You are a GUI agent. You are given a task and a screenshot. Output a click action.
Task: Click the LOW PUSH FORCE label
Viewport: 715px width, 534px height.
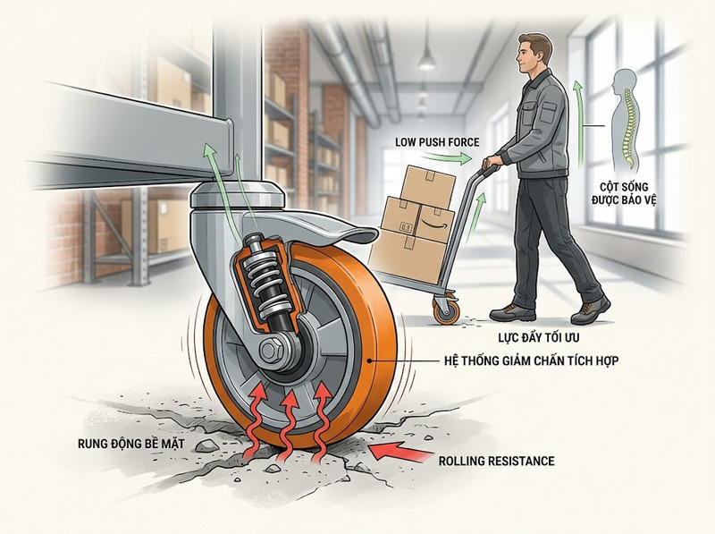click(x=437, y=142)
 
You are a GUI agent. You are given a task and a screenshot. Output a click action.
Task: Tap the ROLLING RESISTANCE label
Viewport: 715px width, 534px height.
click(x=497, y=461)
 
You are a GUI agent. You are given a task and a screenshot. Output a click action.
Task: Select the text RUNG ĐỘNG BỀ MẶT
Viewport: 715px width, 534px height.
click(x=131, y=443)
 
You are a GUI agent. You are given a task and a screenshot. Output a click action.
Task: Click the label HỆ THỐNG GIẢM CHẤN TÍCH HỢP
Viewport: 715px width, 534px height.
click(x=531, y=360)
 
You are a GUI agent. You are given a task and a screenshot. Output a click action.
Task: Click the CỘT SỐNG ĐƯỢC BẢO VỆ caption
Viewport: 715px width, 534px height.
click(x=624, y=193)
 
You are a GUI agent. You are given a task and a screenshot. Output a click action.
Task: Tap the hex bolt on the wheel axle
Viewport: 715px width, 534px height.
click(x=269, y=351)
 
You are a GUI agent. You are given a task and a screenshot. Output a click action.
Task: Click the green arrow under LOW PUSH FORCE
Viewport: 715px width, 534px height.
click(x=449, y=158)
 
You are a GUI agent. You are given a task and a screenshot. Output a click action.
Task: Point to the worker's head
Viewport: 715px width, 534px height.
click(x=534, y=53)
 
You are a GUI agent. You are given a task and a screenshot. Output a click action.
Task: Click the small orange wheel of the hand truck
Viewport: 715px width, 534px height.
click(x=446, y=311)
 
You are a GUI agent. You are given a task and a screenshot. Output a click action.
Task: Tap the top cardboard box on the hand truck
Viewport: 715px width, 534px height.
click(x=428, y=186)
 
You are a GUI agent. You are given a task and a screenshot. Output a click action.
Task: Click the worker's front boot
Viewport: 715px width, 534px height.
click(x=591, y=310)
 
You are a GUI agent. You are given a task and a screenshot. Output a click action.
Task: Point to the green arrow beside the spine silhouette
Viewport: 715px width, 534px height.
click(x=580, y=123)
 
